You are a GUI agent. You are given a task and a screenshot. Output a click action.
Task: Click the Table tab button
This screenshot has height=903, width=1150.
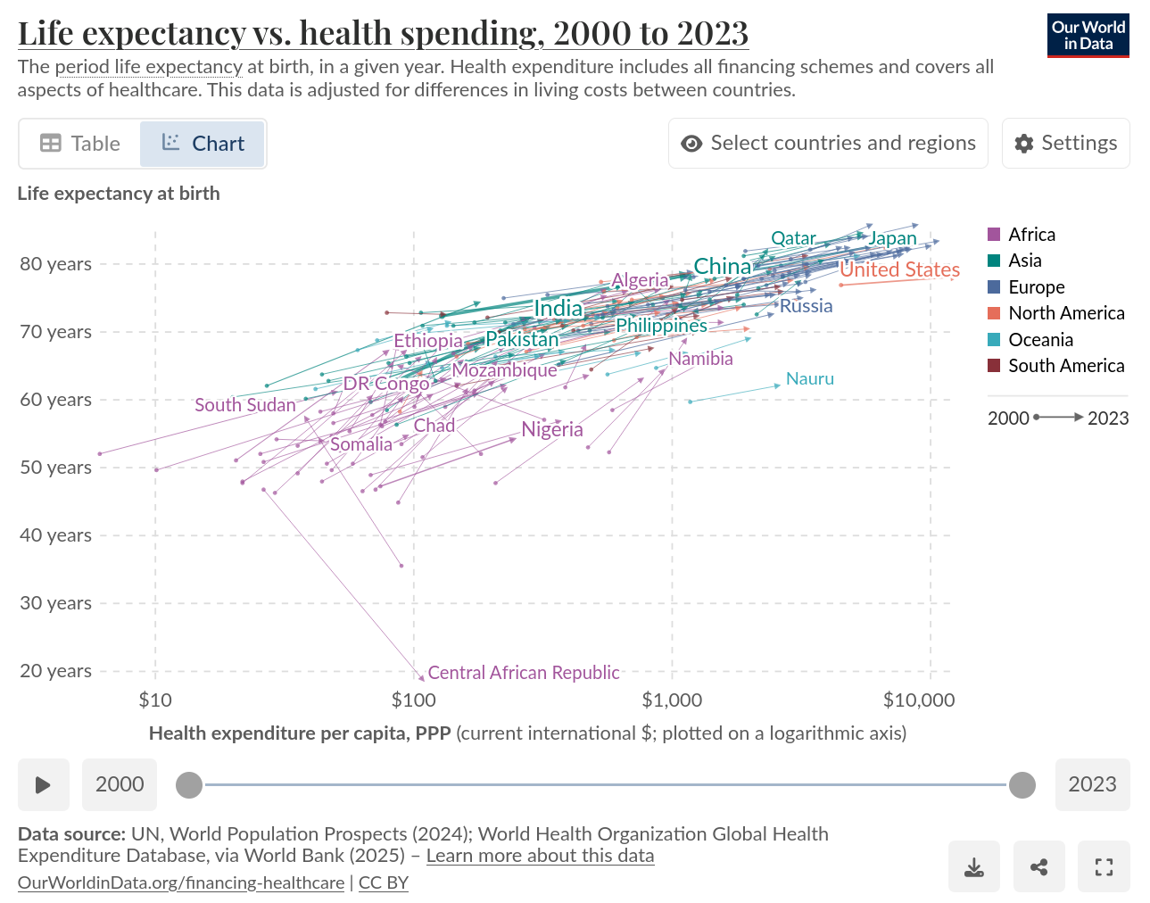tap(80, 144)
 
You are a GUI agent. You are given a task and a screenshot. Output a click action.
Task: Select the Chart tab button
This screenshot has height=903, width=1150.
tap(203, 144)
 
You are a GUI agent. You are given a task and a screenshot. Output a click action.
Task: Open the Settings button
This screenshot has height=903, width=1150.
tap(1065, 144)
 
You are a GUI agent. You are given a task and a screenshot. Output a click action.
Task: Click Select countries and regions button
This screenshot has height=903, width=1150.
tap(828, 144)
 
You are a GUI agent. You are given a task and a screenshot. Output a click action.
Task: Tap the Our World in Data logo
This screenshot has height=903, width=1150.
tap(1088, 36)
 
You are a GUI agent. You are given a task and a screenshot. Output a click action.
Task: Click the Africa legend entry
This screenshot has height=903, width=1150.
tap(1031, 235)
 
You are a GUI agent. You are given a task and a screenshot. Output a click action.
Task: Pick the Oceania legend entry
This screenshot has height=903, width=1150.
tap(1040, 340)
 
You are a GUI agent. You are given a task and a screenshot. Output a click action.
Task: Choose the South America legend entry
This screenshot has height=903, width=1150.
tap(1065, 366)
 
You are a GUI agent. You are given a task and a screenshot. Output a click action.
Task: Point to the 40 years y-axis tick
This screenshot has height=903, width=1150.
tap(55, 535)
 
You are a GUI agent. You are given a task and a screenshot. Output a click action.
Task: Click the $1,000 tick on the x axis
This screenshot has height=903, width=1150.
tap(672, 700)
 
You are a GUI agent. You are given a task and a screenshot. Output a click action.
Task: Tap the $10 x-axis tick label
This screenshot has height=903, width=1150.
tap(155, 700)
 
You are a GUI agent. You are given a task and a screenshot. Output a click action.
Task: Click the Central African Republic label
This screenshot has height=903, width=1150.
tap(524, 673)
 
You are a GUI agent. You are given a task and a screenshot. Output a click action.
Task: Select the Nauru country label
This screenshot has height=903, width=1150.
tap(810, 379)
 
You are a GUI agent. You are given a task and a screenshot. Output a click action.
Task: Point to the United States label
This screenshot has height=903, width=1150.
tap(900, 269)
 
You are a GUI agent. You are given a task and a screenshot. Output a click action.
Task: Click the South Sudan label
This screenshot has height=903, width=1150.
tap(245, 405)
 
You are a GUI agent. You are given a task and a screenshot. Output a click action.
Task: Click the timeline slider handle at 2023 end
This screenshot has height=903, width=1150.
tap(1022, 785)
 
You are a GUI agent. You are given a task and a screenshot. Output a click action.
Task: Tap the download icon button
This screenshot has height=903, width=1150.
tap(974, 866)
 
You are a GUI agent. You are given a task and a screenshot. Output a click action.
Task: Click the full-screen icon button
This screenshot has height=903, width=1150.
tap(1104, 866)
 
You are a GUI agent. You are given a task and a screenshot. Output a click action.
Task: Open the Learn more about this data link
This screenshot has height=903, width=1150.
tap(540, 856)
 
